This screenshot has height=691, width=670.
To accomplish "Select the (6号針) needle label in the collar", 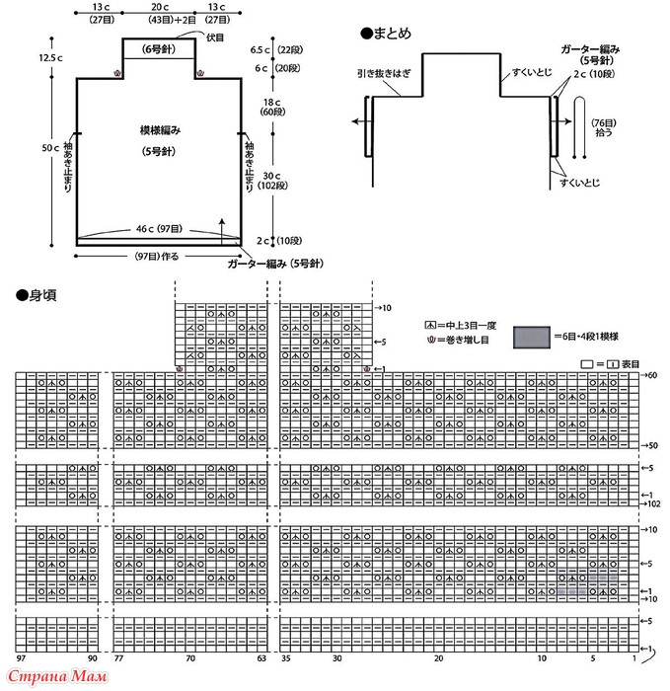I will (x=159, y=48).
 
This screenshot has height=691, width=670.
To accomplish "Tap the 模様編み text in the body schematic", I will (x=159, y=130).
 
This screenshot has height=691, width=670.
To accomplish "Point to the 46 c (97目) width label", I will (x=158, y=229).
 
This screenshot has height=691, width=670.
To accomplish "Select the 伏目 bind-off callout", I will (x=215, y=37).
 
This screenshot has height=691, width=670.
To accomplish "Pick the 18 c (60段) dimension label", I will (x=266, y=108).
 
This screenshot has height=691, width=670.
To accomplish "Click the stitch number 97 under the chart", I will (x=21, y=657).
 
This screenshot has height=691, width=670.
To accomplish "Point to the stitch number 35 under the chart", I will (x=285, y=657).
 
